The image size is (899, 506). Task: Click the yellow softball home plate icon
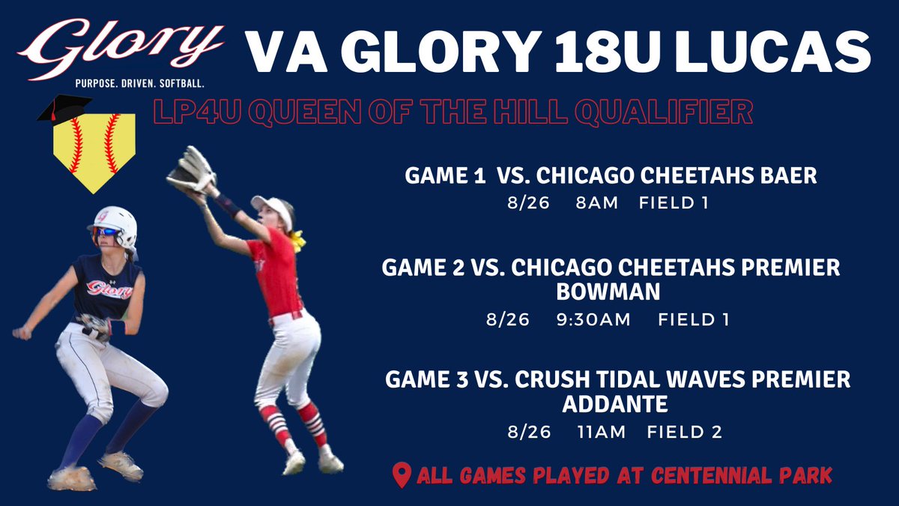click(x=94, y=150)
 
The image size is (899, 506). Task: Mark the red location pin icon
click(x=402, y=475)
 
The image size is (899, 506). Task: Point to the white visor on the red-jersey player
click(x=270, y=205)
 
